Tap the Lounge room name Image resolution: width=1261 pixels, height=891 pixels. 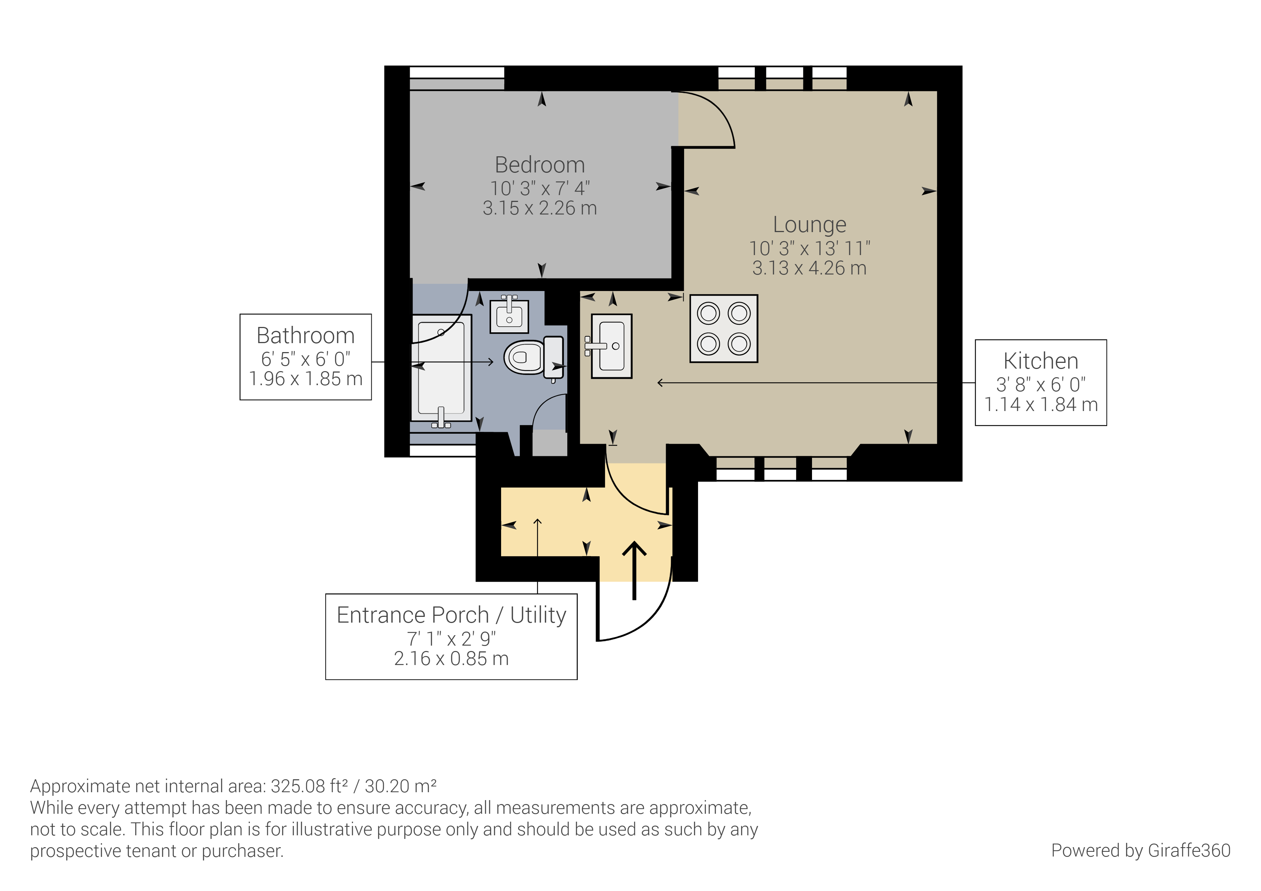tap(809, 225)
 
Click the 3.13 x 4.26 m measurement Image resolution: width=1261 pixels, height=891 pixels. tap(809, 268)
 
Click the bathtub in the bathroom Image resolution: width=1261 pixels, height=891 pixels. tap(441, 368)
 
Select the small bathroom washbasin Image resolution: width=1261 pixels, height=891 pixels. tap(509, 316)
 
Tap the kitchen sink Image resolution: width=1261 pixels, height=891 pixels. tap(611, 346)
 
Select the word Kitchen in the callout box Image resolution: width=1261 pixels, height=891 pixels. tap(1040, 361)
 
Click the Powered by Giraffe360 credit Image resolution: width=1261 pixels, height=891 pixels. tap(1140, 850)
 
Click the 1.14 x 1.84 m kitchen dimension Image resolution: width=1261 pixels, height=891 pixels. tap(1040, 405)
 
